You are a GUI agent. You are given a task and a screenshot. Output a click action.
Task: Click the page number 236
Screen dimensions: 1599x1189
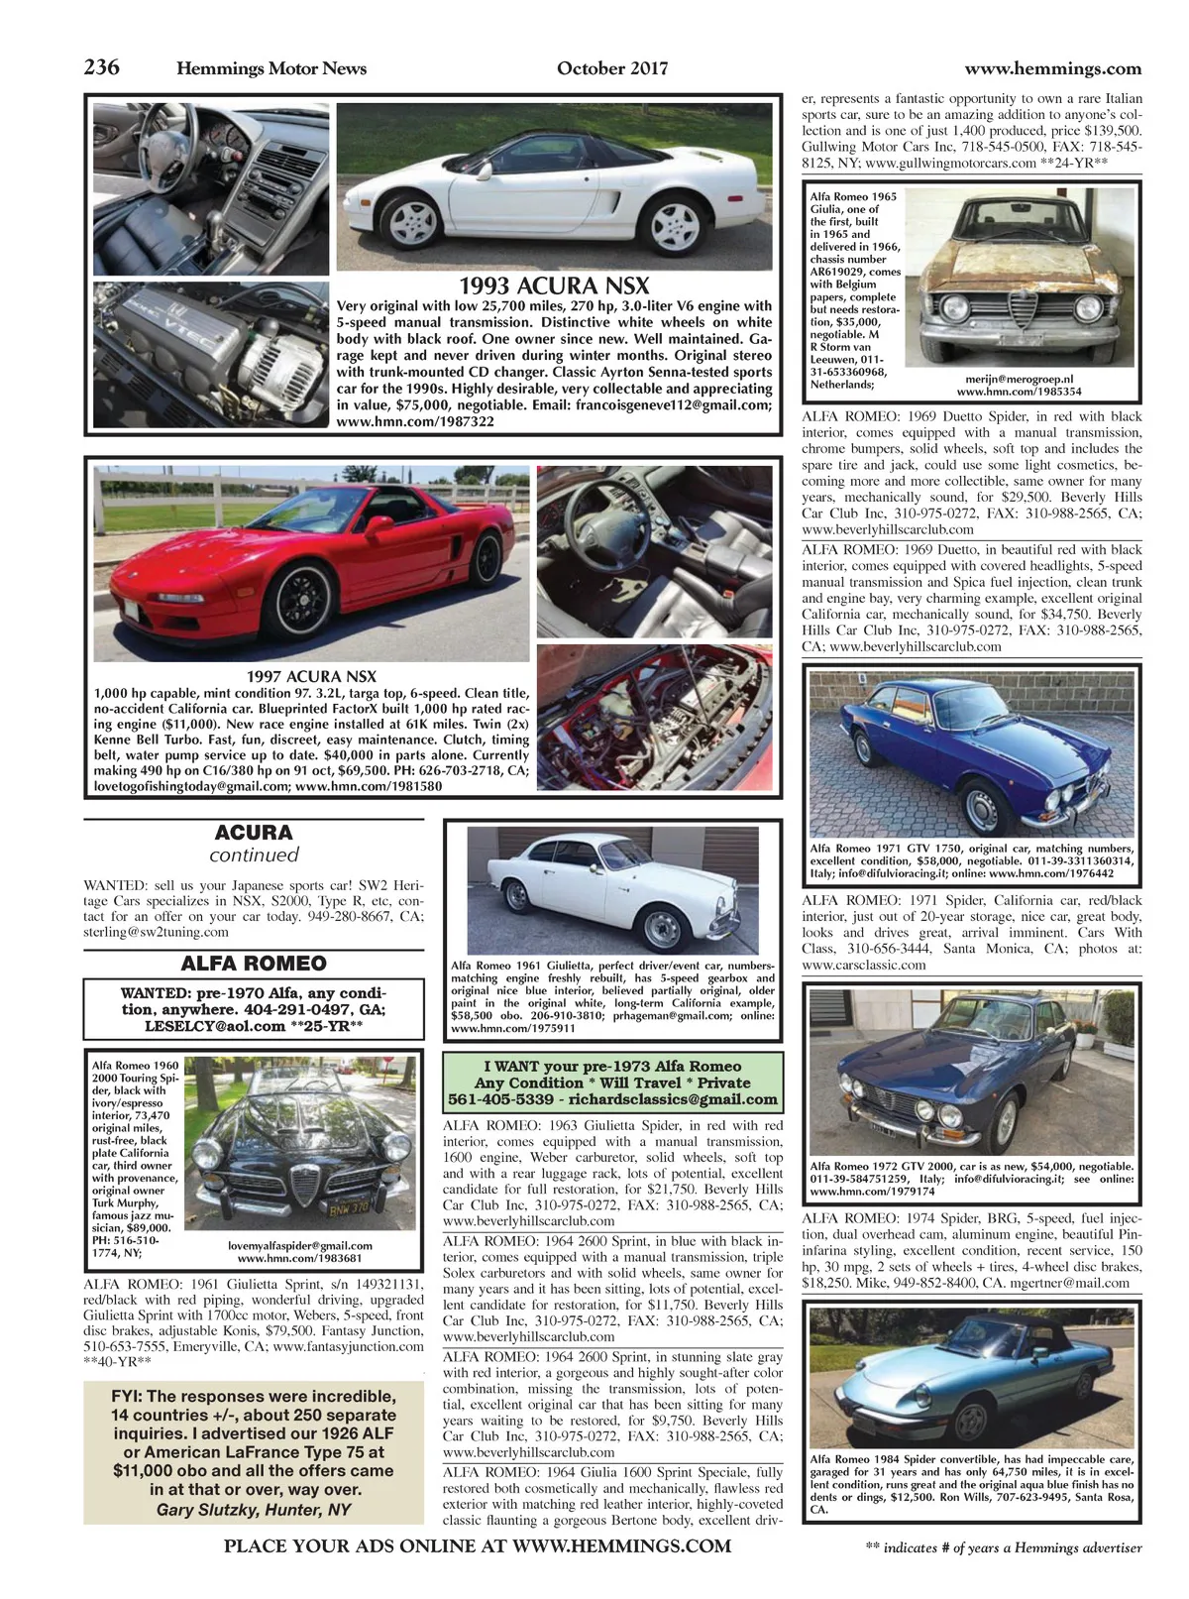102,67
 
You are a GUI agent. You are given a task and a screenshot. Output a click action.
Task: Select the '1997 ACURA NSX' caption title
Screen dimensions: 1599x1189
311,677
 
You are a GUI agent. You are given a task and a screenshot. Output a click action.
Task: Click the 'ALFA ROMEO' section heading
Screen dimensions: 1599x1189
254,964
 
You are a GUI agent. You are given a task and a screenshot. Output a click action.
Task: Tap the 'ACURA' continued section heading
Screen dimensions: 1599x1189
254,833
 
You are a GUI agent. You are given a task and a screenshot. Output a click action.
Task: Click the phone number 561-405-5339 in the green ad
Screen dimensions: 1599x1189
500,1099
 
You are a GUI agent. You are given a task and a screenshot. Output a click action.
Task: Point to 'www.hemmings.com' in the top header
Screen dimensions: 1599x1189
1052,68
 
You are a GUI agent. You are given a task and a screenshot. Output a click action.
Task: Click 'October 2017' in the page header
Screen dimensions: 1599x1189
612,68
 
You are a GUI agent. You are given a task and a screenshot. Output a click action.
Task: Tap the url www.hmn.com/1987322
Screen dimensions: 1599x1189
401,421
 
